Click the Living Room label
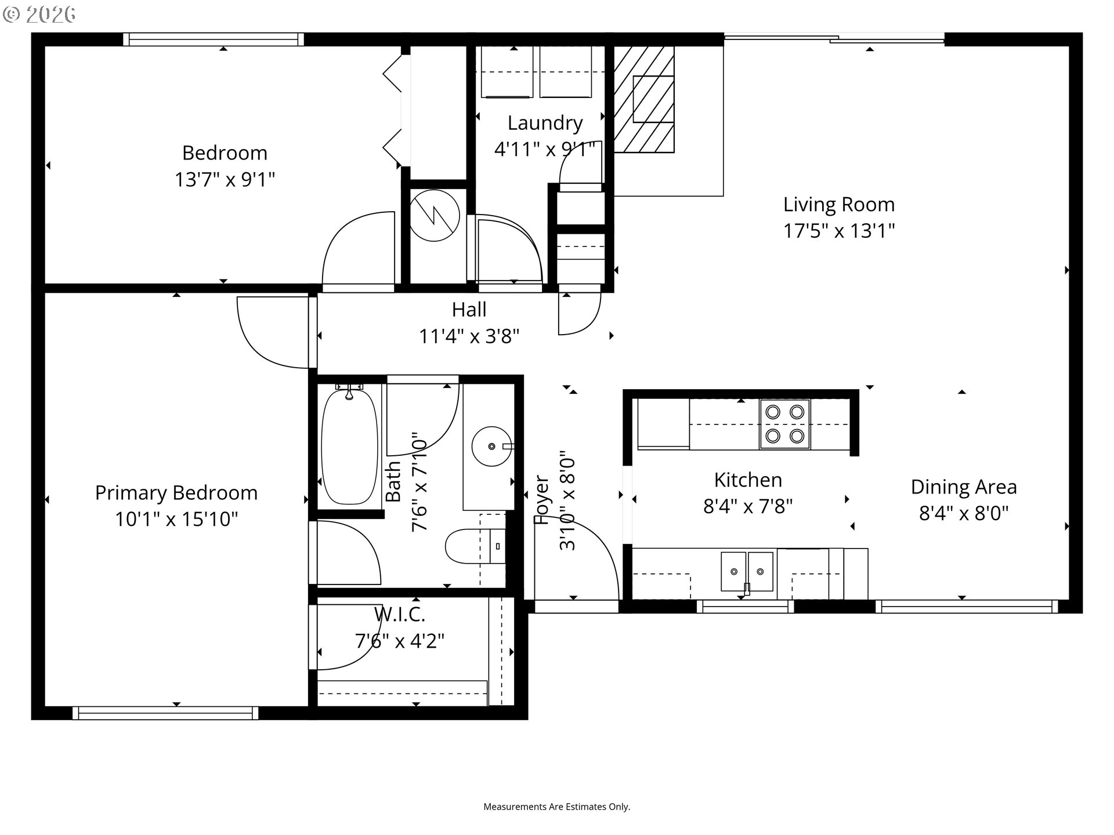(x=838, y=205)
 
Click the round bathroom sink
(x=491, y=446)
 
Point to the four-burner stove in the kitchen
(x=784, y=424)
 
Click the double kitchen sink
(x=747, y=571)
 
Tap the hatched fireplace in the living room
(x=645, y=99)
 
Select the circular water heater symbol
(x=435, y=216)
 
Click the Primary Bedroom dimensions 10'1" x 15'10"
(x=176, y=519)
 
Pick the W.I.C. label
(x=399, y=614)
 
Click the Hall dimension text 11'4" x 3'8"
(x=469, y=336)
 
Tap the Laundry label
(x=545, y=123)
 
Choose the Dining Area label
(x=963, y=487)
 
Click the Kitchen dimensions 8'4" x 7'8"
(x=747, y=507)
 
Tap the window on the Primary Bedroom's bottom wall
(x=165, y=713)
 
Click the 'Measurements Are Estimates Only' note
(x=556, y=807)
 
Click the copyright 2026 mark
(x=39, y=14)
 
